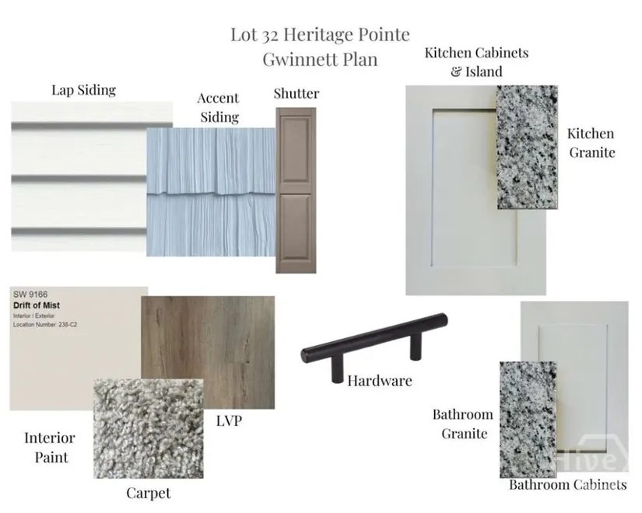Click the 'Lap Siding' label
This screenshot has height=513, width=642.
point(83,90)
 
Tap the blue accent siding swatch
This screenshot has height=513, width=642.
point(211,192)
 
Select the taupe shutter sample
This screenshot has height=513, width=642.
point(296,190)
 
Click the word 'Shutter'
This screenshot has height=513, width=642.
point(296,93)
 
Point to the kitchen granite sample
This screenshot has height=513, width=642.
point(528,147)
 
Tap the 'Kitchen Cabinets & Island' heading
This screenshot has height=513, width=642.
point(476,61)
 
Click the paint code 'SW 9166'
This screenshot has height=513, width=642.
point(30,295)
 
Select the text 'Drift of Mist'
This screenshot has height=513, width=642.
point(37,305)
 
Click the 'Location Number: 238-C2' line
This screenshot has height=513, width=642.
point(45,325)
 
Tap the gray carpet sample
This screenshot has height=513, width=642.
point(148,429)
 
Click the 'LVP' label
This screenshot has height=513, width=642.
point(230,421)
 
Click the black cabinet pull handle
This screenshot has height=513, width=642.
point(374,344)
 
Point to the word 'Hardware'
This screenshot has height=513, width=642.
point(380,381)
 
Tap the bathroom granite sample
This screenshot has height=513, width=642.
point(528,420)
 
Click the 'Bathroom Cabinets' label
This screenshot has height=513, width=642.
point(568,485)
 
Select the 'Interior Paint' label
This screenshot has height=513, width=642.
point(50,448)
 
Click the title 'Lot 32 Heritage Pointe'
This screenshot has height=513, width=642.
point(320,34)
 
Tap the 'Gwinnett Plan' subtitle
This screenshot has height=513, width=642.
point(320,59)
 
